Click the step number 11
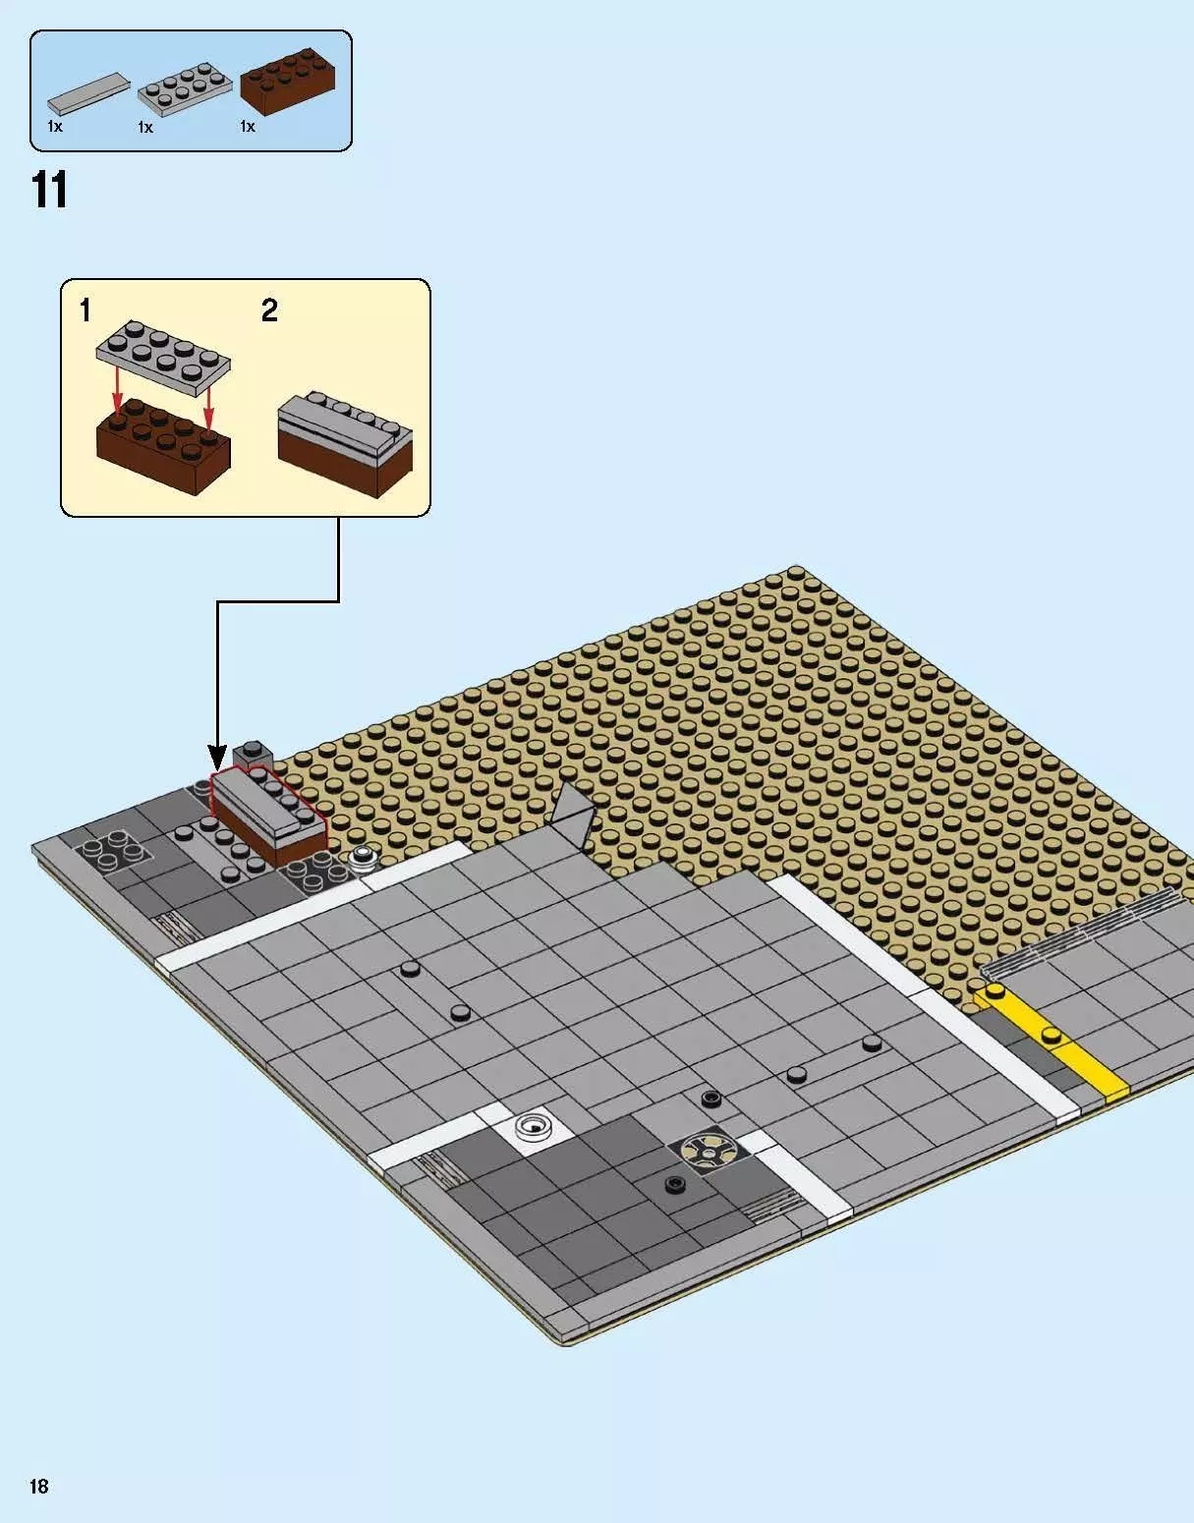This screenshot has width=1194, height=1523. coord(50,190)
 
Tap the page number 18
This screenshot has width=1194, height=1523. coord(38,1486)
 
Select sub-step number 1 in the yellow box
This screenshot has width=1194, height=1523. coord(85,311)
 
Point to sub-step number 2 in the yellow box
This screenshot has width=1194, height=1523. coord(269,311)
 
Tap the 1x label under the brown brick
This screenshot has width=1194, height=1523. coord(248,127)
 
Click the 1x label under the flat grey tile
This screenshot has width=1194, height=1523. coord(55,127)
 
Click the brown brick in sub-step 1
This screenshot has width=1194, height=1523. coord(163,449)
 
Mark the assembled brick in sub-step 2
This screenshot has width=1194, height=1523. coord(344,445)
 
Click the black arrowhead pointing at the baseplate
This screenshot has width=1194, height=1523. coord(218,757)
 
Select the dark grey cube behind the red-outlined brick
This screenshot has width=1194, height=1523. coord(253,755)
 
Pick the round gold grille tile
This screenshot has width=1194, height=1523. coord(702,1149)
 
